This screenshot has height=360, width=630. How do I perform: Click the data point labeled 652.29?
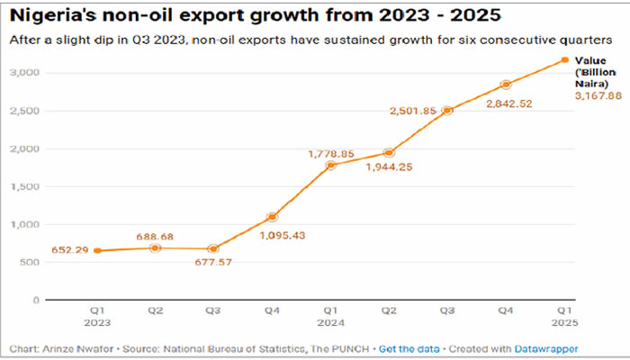click(95, 250)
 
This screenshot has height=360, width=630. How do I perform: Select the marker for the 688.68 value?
click(154, 247)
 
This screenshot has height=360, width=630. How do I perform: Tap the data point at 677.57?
click(212, 248)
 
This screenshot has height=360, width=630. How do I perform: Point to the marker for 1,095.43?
click(271, 217)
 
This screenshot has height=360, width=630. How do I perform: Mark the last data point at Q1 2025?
click(564, 60)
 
